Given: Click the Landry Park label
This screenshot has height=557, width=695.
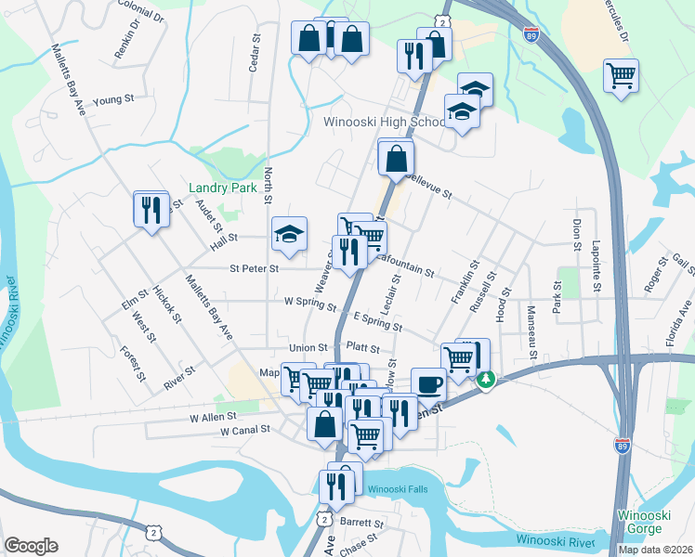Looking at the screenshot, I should pyautogui.click(x=222, y=188).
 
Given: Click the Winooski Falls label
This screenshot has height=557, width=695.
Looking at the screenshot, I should pyautogui.click(x=398, y=489).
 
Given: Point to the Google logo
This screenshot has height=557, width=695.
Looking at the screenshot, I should pyautogui.click(x=31, y=546).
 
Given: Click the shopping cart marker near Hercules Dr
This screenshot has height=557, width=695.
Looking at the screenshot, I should pyautogui.click(x=621, y=74).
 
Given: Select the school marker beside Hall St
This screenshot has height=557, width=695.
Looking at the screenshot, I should pyautogui.click(x=289, y=234).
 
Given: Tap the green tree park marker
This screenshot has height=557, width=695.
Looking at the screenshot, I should pyautogui.click(x=486, y=380).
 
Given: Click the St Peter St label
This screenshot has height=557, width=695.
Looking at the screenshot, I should pyautogui.click(x=254, y=269).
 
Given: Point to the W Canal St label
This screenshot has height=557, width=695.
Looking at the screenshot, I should pyautogui.click(x=245, y=431).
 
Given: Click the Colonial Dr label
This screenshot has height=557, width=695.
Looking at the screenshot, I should pyautogui.click(x=142, y=15).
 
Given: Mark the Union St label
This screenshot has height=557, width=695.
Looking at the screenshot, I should pyautogui.click(x=308, y=348).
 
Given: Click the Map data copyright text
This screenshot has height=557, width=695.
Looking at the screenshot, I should pyautogui.click(x=656, y=550).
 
